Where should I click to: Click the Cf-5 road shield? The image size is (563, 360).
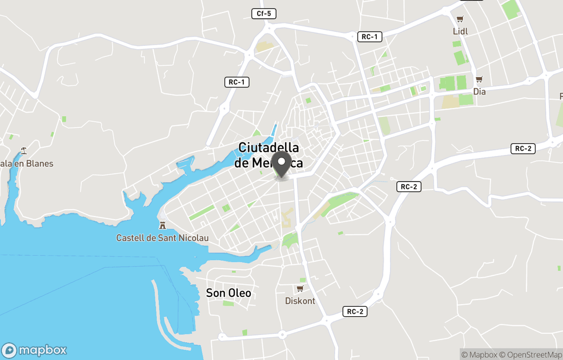(264, 14)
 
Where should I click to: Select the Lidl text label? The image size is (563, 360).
(460, 31)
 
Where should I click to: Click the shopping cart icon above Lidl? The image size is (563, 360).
(460, 19)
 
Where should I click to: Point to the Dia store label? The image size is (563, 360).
(479, 92)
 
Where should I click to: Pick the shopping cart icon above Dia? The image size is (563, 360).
(479, 79)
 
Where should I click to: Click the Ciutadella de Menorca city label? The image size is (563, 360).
(268, 155)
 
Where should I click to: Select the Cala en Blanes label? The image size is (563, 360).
(27, 164)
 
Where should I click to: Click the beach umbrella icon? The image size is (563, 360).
(23, 151)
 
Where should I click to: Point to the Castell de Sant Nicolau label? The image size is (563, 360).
(162, 238)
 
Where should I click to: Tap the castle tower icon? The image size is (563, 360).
(163, 225)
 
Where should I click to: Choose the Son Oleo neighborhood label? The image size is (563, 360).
(228, 293)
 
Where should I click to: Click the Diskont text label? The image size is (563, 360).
(300, 301)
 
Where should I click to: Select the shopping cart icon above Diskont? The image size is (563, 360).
(300, 289)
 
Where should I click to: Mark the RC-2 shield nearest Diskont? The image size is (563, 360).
(355, 311)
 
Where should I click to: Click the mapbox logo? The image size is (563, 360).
(34, 350)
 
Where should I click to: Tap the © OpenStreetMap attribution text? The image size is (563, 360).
(531, 355)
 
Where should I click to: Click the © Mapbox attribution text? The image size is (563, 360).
(479, 355)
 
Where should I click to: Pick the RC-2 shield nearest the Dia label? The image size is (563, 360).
(523, 149)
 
